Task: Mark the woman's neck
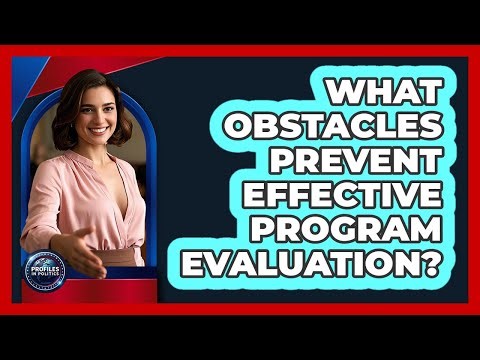(x=104, y=155)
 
